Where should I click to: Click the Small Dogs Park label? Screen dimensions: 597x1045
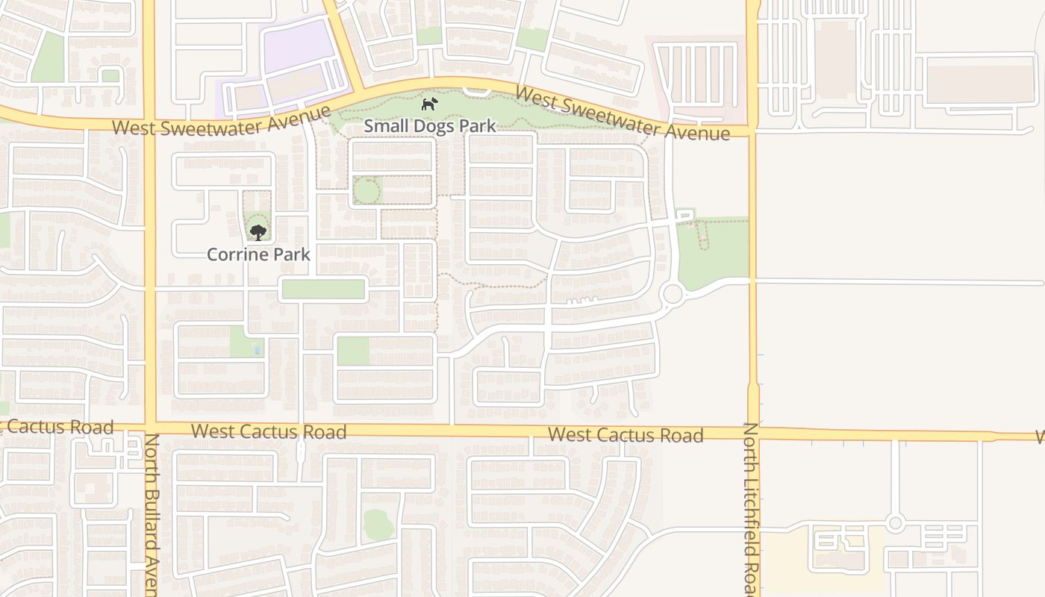click(x=430, y=125)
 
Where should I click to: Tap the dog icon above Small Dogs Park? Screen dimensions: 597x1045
click(x=429, y=104)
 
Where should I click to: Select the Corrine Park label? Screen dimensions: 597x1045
click(x=258, y=254)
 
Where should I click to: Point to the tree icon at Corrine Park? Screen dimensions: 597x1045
click(x=258, y=233)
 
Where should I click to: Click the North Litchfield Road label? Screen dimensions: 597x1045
click(x=752, y=507)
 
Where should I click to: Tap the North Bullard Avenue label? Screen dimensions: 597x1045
click(x=152, y=515)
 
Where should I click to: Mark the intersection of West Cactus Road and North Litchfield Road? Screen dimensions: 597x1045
click(x=753, y=432)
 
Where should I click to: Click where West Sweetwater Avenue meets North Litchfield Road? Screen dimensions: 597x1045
click(x=752, y=131)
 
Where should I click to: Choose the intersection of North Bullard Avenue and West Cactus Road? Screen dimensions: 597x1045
click(x=149, y=428)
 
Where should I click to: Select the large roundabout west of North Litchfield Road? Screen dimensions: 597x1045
click(x=672, y=293)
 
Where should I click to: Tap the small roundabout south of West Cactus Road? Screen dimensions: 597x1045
click(x=896, y=522)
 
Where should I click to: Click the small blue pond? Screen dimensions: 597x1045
click(x=258, y=349)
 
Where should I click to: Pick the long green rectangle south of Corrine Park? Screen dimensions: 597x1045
click(x=323, y=289)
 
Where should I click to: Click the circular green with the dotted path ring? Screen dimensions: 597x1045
click(x=366, y=191)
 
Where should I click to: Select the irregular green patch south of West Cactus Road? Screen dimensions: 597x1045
click(x=379, y=525)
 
